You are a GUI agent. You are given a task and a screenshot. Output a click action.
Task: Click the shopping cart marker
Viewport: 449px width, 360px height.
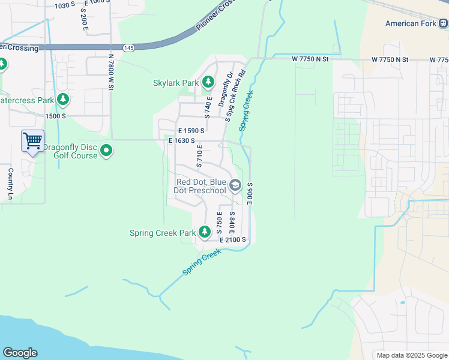pos(32,141)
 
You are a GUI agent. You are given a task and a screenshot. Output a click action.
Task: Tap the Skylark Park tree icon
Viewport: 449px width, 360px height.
pos(208,81)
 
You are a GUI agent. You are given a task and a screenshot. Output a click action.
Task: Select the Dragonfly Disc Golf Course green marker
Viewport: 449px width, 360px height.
pos(106,150)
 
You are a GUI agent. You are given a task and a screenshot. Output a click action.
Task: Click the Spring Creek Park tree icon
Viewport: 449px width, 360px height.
pos(205,232)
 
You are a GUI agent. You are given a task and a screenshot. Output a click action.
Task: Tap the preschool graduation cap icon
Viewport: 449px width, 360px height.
pos(235,185)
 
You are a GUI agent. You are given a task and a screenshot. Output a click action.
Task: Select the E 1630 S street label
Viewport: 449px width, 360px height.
pos(182,140)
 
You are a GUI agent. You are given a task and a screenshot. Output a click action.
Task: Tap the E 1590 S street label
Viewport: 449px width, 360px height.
pos(191,130)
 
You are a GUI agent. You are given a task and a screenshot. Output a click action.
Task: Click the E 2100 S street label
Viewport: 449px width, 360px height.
pos(233,240)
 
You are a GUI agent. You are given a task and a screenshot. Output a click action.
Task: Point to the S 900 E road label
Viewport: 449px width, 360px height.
pos(249,193)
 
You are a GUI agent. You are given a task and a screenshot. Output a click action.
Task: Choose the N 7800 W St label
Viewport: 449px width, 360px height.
pos(111,72)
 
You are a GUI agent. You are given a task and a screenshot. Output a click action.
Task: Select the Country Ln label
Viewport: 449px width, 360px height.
pos(10,184)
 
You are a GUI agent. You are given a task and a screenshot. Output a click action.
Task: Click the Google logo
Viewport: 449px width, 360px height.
pos(20,353)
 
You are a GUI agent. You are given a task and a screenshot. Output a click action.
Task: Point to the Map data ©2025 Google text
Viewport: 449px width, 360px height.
pos(411,355)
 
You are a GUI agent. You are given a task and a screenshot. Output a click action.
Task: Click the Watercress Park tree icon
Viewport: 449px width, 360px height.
pos(62,100)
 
